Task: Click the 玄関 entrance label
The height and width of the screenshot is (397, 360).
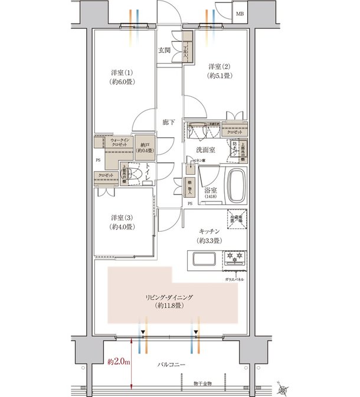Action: coord(164,50)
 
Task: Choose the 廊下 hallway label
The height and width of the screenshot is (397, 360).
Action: coord(169,122)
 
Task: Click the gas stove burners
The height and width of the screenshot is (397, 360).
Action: coord(234,258)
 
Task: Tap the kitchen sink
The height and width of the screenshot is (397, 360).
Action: coord(204,260)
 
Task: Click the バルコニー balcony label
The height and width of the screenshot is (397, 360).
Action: coord(171,365)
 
